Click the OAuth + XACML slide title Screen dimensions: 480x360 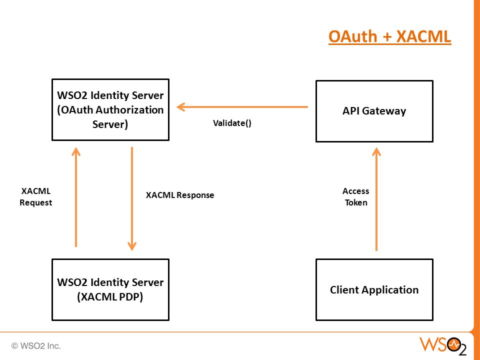pos(389,36)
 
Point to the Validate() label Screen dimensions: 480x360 pos(232,123)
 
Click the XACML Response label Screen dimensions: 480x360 pos(180,195)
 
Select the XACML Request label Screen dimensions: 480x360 pos(36,197)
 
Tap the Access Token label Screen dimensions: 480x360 pos(355,197)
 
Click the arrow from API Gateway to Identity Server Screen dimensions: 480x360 pos(242,107)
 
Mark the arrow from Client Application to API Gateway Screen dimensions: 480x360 pos(376,199)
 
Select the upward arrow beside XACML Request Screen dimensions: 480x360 pos(76,197)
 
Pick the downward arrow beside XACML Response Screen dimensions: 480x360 pos(132,199)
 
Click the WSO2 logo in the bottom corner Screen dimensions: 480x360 pos(443,346)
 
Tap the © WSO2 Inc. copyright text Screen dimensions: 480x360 pos(36,346)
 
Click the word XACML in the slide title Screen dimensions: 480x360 pos(423,36)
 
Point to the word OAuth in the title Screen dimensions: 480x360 pos(352,36)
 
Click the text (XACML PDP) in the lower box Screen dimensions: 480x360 pos(110,296)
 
